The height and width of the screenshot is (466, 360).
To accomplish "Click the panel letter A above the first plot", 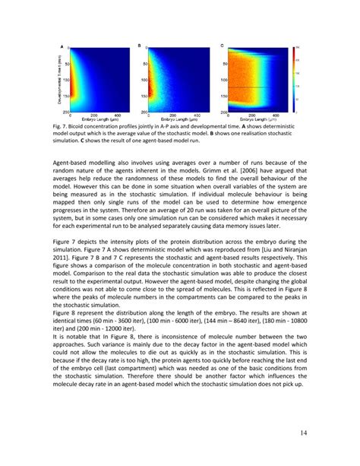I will pyautogui.click(x=62, y=46).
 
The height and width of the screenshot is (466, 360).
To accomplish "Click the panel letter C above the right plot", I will pyautogui.click(x=221, y=46).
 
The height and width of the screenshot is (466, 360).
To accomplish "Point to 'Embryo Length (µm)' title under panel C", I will pyautogui.click(x=257, y=120).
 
